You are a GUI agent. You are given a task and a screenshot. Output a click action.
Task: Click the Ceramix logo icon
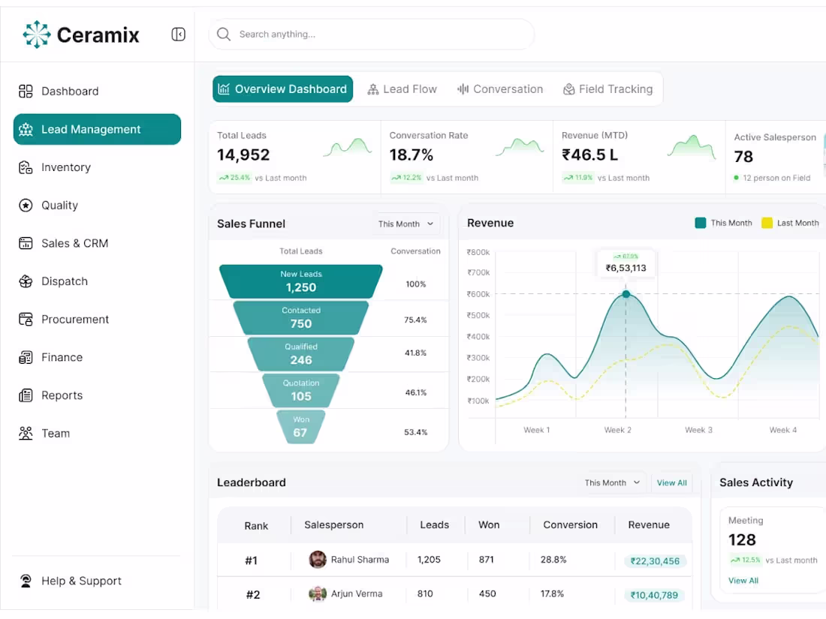point(36,35)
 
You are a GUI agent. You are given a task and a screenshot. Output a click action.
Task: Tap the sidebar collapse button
point(178,35)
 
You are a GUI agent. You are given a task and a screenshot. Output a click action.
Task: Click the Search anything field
point(372,35)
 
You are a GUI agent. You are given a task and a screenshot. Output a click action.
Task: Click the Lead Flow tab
point(402,89)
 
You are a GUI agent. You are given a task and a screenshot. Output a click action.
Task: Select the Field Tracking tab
point(608,89)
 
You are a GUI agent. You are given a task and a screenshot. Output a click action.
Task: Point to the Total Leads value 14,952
point(243,155)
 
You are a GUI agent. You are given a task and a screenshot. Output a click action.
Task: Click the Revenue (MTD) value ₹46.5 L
point(589,155)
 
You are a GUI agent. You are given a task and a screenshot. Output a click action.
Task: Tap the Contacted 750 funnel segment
point(301,317)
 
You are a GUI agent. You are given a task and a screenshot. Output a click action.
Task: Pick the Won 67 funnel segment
point(301,427)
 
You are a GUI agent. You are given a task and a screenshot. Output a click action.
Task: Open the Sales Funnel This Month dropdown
point(406,224)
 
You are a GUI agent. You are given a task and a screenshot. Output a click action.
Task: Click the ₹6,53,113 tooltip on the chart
point(626,263)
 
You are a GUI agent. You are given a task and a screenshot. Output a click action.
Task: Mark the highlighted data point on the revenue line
point(626,294)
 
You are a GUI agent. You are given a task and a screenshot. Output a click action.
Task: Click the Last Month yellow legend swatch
point(767,223)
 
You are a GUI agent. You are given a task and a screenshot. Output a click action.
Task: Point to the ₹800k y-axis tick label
point(478,252)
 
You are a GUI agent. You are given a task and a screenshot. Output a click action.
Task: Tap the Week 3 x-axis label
point(698,430)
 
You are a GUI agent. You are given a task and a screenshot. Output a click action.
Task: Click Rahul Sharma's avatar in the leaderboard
point(318,560)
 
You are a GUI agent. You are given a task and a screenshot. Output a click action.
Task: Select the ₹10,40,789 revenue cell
point(654,595)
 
